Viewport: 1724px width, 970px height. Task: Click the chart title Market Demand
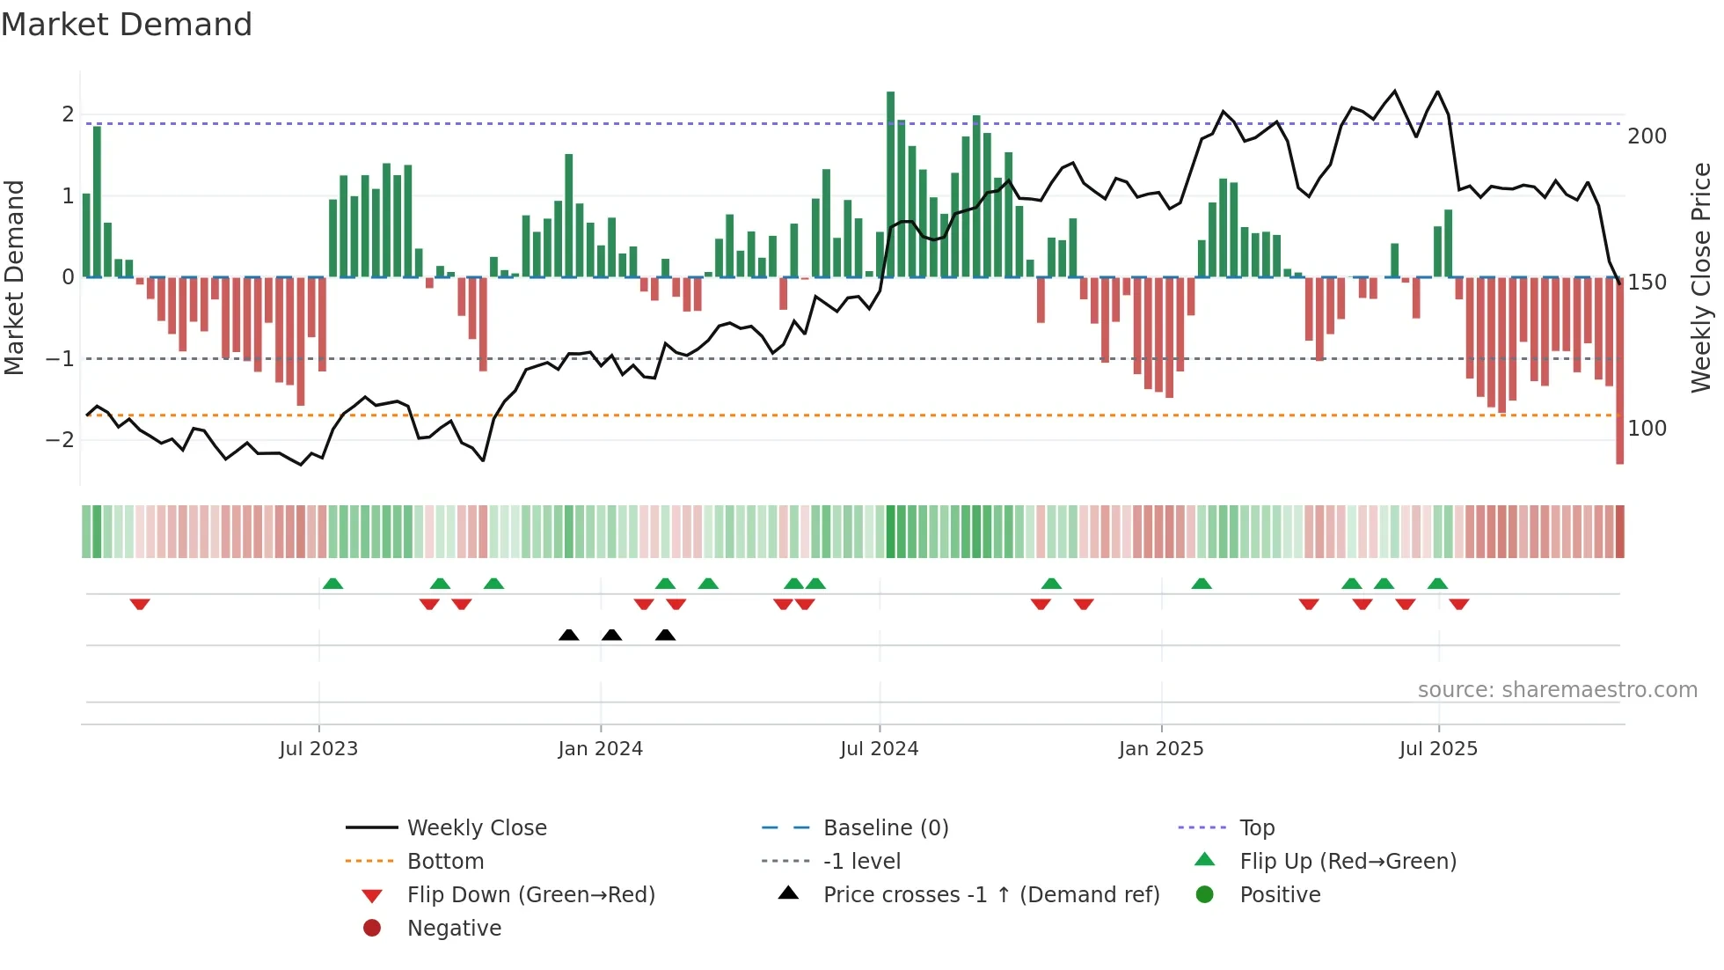(x=127, y=25)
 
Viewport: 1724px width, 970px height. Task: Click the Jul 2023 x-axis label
(x=318, y=749)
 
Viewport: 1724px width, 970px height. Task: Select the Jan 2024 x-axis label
(x=600, y=749)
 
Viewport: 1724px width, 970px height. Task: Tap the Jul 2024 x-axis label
(x=879, y=749)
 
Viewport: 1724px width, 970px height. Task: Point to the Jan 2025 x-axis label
(x=1161, y=749)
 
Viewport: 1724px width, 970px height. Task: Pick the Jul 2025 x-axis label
(x=1438, y=749)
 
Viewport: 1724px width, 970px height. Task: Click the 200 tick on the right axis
(x=1647, y=136)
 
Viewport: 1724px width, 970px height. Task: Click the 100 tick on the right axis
(x=1647, y=429)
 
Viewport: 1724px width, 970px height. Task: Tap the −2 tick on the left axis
(x=60, y=440)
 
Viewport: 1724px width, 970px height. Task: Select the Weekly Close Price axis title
(x=1701, y=277)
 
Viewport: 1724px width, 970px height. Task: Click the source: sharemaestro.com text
(x=1557, y=690)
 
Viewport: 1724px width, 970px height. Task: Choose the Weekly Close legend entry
(x=476, y=828)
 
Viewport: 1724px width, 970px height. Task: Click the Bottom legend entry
(x=445, y=862)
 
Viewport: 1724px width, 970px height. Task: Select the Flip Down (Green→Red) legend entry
(x=530, y=895)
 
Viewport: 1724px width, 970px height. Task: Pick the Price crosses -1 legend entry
(x=990, y=895)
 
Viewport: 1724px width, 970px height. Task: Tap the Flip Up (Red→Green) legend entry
(x=1348, y=862)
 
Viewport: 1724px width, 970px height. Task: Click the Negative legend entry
(x=454, y=929)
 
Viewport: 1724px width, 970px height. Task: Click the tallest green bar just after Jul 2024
(x=890, y=185)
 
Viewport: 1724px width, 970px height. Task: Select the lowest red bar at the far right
(x=1619, y=370)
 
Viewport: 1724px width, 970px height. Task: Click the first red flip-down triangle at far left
(x=140, y=604)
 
